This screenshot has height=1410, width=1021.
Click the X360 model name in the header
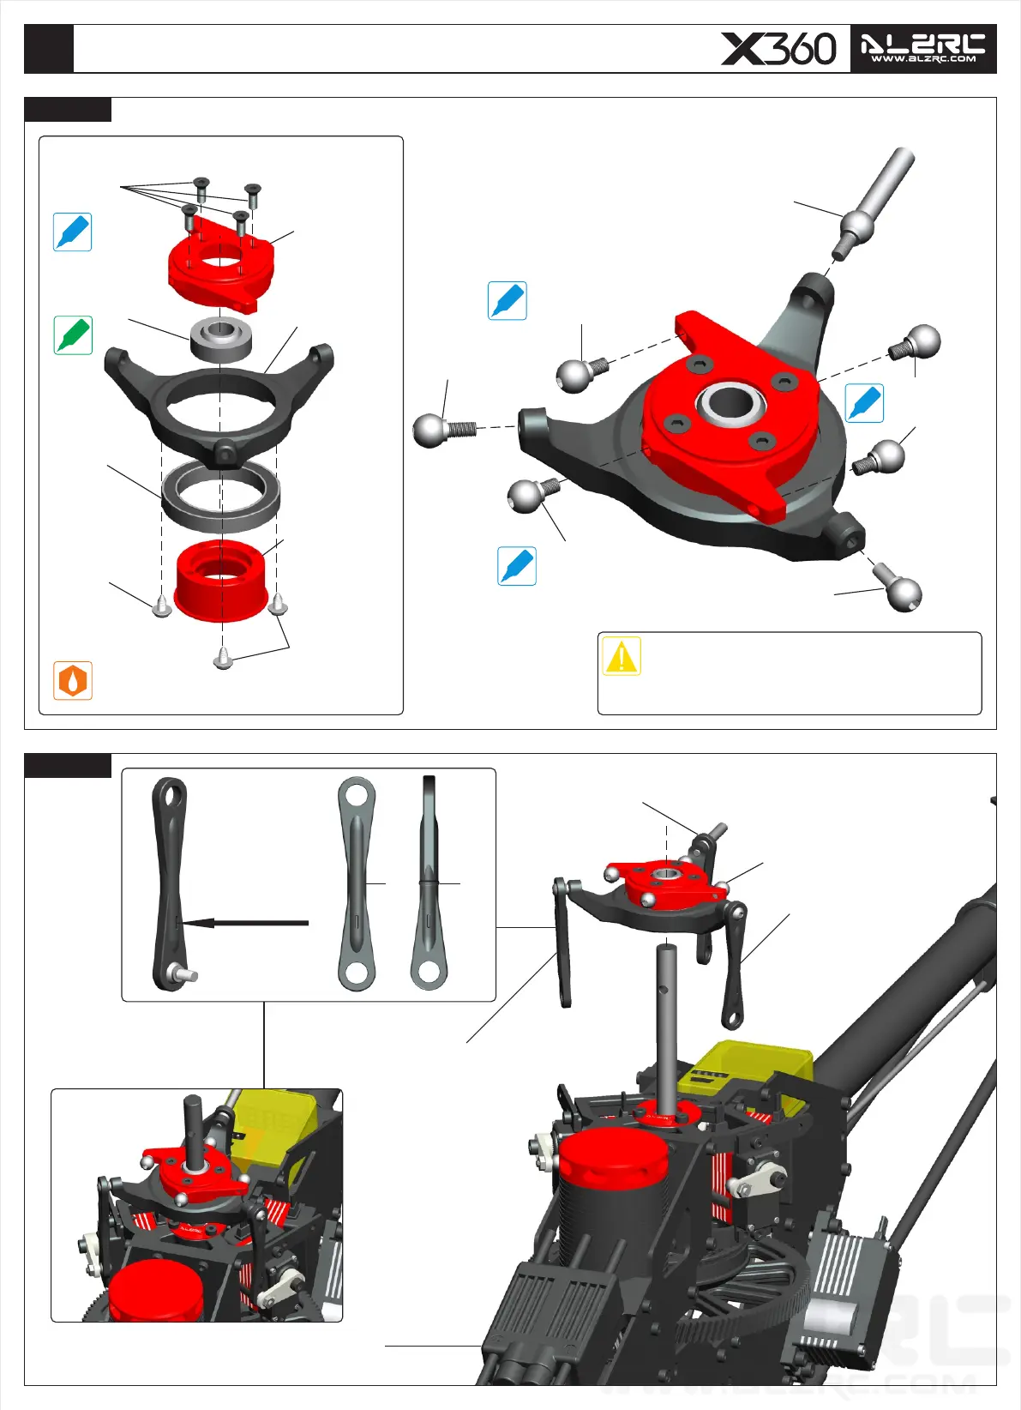(778, 49)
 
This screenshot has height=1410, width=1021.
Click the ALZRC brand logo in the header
(923, 49)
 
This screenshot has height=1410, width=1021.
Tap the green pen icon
(73, 334)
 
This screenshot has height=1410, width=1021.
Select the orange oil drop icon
(73, 680)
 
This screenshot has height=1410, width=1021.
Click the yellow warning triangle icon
(622, 656)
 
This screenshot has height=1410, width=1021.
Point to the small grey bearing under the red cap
(221, 340)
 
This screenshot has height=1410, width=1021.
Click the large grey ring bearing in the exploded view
(220, 496)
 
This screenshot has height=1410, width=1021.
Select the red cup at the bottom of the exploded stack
(221, 581)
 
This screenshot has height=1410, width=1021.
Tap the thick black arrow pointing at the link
(245, 924)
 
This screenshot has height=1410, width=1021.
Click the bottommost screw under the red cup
(224, 658)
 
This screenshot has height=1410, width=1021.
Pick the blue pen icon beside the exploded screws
(72, 232)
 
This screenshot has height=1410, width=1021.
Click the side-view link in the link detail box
(429, 883)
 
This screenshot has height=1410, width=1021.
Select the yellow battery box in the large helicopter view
(746, 1071)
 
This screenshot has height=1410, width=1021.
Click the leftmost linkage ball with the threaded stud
(444, 430)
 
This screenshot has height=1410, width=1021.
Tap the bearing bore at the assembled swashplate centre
(730, 403)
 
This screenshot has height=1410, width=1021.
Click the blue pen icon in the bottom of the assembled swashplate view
(516, 566)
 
